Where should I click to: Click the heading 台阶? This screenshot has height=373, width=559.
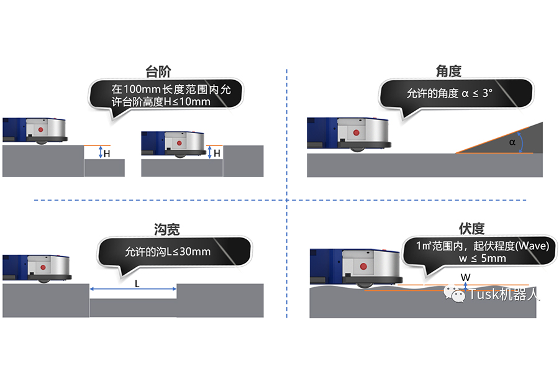coord(158,70)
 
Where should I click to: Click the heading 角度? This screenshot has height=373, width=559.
coord(448,70)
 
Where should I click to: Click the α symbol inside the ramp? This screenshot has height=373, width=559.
coord(512,142)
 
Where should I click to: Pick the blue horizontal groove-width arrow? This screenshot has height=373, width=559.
coord(134,290)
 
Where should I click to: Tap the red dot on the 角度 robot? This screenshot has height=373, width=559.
coord(356,132)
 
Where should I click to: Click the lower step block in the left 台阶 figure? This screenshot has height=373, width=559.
coord(104,168)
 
